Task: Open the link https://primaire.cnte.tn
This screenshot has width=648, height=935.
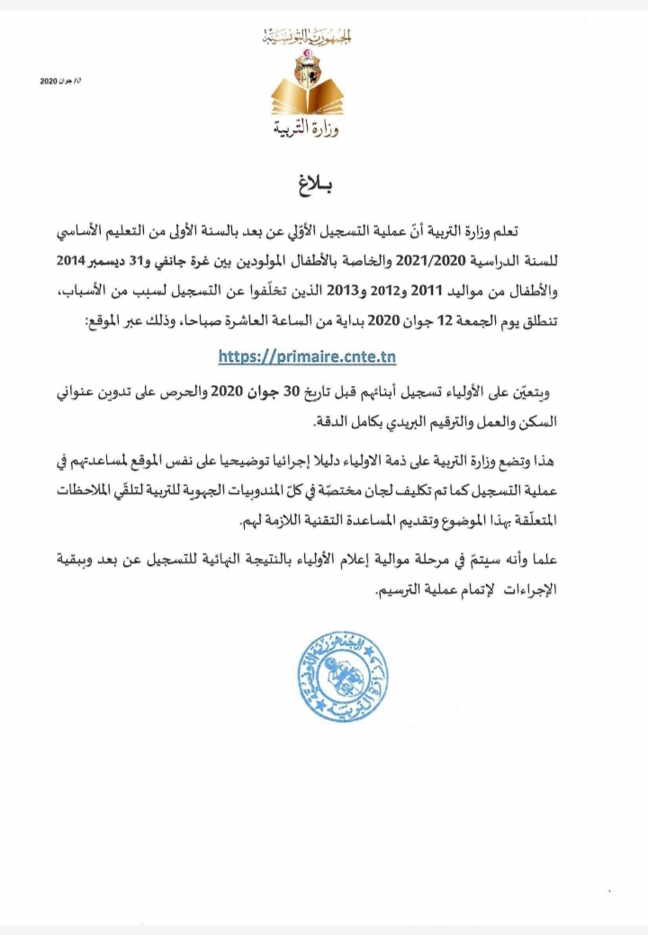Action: point(307,355)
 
